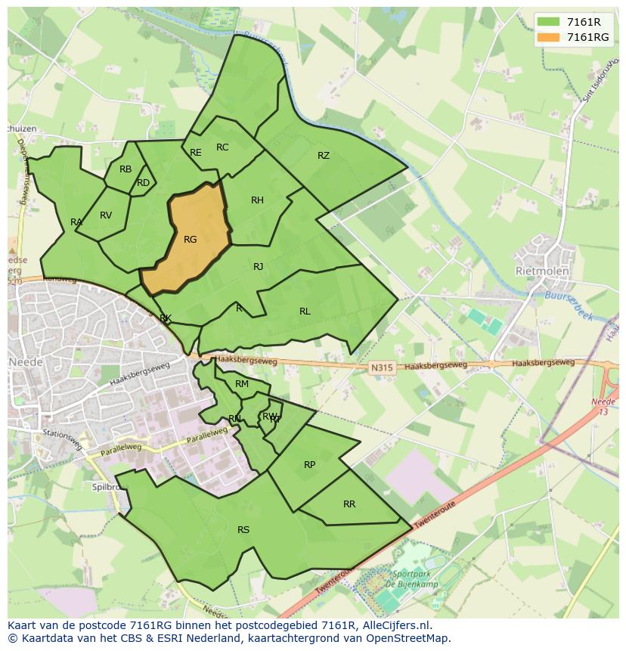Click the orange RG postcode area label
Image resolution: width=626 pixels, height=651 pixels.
(x=190, y=240)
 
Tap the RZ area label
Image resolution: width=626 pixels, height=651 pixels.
(x=324, y=156)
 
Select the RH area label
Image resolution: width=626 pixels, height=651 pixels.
(x=257, y=200)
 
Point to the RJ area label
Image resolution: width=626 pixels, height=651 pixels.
(x=258, y=266)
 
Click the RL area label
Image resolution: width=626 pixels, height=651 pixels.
(x=305, y=312)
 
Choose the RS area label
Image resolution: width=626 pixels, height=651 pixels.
(x=243, y=530)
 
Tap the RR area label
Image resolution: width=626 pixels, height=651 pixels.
(x=349, y=504)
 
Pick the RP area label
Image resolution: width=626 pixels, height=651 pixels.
(x=309, y=465)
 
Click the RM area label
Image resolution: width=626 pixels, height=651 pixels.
(x=242, y=384)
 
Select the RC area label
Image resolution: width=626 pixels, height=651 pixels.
(x=222, y=147)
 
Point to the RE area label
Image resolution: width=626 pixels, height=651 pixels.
(x=196, y=153)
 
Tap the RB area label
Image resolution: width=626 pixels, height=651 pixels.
(x=126, y=169)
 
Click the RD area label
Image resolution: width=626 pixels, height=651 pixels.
(x=143, y=183)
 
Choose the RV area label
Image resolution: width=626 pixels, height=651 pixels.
(x=106, y=215)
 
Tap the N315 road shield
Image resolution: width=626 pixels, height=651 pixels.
(x=383, y=367)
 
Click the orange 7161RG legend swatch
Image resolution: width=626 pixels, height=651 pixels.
(x=549, y=37)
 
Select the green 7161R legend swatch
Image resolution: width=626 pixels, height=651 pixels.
(x=549, y=22)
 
